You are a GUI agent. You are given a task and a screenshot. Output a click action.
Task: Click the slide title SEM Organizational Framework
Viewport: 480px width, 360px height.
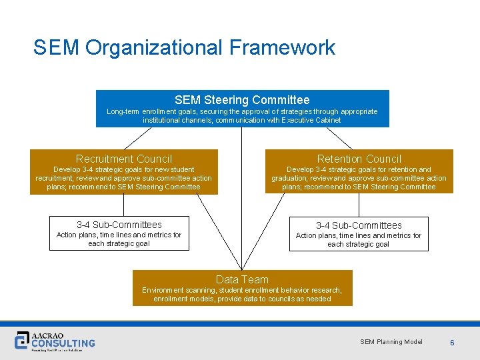184,48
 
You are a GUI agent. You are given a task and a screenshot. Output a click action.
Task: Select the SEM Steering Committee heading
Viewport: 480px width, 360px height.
242,100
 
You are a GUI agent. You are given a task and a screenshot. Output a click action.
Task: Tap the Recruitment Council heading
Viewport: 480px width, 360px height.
124,159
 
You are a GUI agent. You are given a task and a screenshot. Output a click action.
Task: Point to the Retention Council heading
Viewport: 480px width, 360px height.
359,159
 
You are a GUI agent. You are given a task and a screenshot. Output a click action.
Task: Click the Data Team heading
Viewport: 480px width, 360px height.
242,279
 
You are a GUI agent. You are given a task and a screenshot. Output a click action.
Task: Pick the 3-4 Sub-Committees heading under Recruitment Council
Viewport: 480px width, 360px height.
119,225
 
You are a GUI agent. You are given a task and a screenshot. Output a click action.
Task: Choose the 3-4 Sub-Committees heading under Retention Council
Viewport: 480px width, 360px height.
359,225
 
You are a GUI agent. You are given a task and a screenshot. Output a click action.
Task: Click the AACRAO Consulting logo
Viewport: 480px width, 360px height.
55,341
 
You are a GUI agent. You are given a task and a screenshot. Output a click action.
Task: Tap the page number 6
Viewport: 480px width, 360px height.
452,343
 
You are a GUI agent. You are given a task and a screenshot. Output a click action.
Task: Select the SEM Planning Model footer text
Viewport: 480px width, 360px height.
391,342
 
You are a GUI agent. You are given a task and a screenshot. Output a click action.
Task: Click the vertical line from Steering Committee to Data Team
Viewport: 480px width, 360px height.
241,200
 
